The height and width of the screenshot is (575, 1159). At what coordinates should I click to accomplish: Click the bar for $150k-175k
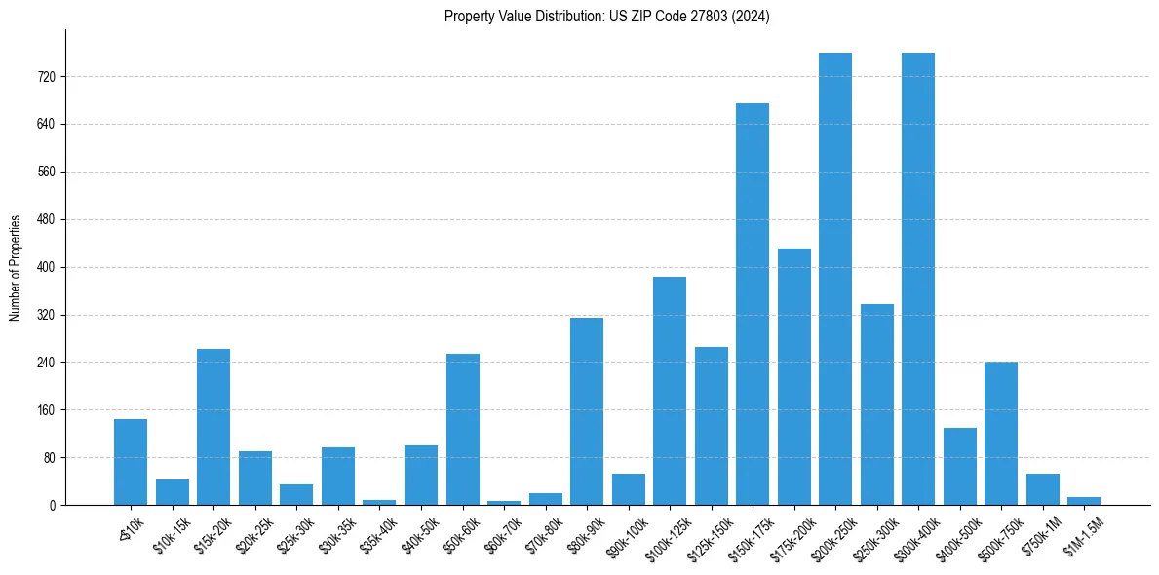[x=752, y=304]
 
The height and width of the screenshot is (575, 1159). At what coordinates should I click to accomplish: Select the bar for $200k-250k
[x=835, y=279]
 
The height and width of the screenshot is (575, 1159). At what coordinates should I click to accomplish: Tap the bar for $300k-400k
[x=918, y=279]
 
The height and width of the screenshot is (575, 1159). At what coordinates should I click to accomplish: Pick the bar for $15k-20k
[x=213, y=427]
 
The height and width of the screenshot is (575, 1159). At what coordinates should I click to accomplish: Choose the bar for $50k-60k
[x=463, y=429]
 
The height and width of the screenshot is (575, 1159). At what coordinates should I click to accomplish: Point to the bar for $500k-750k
[x=1001, y=434]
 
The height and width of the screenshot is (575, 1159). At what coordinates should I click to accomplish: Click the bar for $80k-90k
[x=587, y=411]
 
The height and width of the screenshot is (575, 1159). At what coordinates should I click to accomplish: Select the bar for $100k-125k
[x=670, y=391]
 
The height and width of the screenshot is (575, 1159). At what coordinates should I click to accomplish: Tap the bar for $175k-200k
[x=793, y=376]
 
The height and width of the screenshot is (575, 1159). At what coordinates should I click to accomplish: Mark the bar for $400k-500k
[x=959, y=466]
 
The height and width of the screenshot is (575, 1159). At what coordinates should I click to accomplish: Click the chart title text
[x=606, y=17]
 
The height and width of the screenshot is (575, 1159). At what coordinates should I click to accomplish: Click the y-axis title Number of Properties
[x=16, y=268]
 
